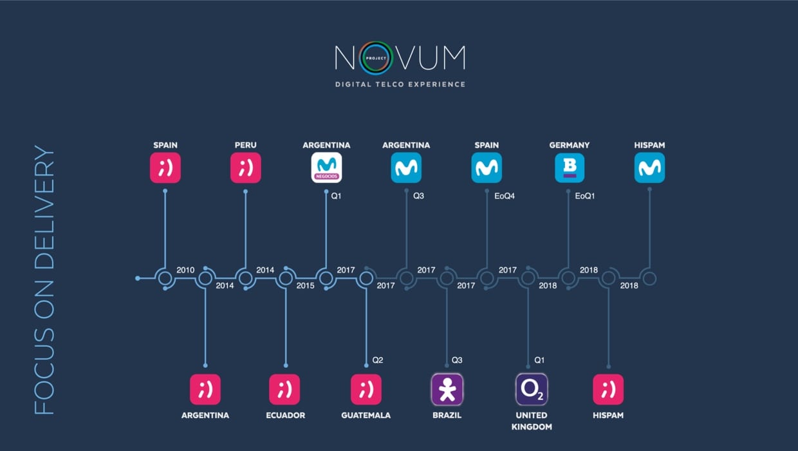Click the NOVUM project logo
pos(400,58)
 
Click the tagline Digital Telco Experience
pos(400,84)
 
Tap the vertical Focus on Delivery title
pos(44,280)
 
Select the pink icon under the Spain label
pos(165,168)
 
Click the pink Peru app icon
pos(245,168)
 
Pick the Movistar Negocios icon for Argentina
pos(326,168)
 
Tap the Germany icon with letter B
pos(569,168)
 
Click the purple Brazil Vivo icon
pos(447,389)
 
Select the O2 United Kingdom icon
pos(531,389)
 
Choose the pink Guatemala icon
pos(366,389)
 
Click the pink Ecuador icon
pos(284,389)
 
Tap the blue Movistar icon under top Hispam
pos(649,168)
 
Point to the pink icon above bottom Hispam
pos(608,389)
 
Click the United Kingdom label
pos(532,421)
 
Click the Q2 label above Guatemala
pos(378,360)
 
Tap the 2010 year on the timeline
pos(185,270)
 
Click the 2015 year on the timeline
pos(305,285)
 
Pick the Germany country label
pos(569,145)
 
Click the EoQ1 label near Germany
pos(584,196)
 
